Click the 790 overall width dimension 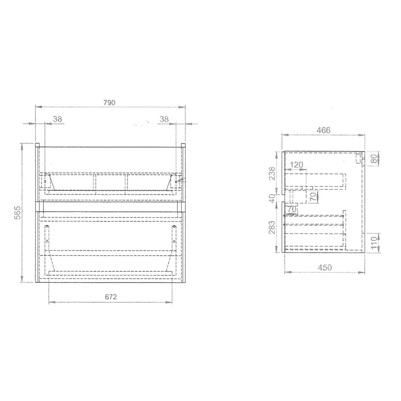pos(110,102)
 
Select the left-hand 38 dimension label pos(57,119)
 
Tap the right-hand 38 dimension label pos(164,119)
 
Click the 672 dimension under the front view pos(110,297)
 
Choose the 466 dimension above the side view pos(323,130)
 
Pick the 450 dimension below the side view pos(325,267)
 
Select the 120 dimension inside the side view pos(296,165)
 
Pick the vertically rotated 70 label pos(313,196)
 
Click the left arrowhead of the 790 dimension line pos(37,107)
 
